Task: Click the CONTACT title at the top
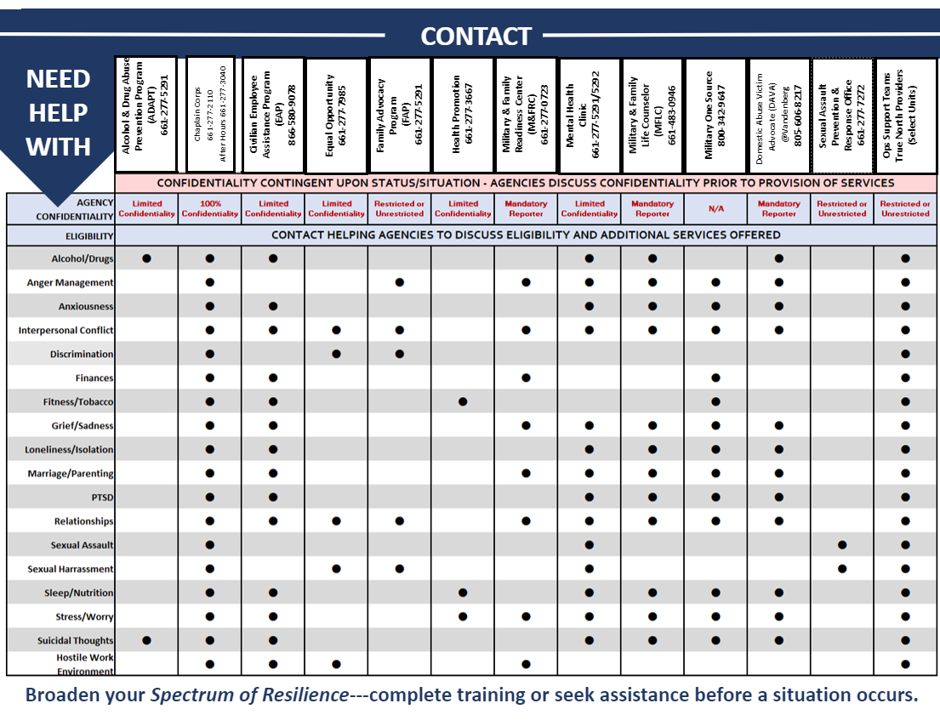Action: point(476,37)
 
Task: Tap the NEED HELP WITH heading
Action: point(58,113)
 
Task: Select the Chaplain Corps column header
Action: point(209,114)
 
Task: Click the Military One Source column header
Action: point(715,114)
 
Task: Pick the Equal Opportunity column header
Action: point(336,114)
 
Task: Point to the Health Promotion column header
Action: point(463,114)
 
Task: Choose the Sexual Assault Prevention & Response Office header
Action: point(841,114)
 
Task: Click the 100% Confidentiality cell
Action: point(209,208)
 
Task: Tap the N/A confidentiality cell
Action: point(715,208)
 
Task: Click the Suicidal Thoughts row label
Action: point(75,640)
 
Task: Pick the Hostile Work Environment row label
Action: point(85,664)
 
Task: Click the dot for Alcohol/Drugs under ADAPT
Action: point(147,258)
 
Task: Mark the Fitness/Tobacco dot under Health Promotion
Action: point(463,401)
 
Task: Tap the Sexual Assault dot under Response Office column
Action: point(842,545)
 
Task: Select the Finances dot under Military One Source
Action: point(715,377)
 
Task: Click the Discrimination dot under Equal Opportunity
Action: point(336,354)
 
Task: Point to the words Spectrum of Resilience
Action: point(249,695)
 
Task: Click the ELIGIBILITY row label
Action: point(89,235)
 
